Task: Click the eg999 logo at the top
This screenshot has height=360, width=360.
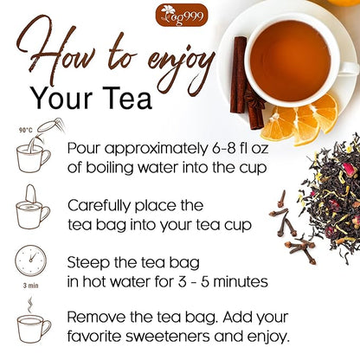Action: point(179,15)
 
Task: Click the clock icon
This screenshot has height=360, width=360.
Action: point(31,262)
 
